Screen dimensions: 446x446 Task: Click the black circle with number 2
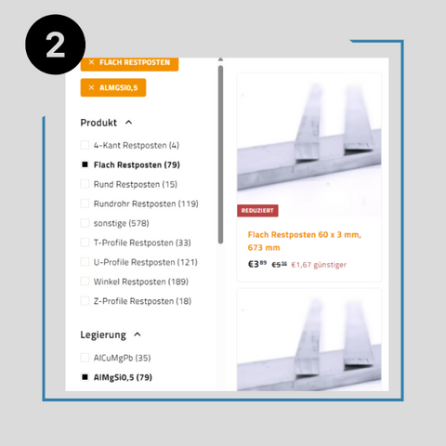coord(55,45)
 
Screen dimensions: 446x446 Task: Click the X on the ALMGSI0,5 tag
coord(91,87)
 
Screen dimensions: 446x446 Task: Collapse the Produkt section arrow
coord(128,123)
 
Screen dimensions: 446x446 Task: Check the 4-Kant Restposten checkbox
coord(85,145)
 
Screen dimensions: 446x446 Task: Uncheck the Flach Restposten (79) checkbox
coord(85,164)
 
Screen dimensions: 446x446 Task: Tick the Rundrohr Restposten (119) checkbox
coord(85,203)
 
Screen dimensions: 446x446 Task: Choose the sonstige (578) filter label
coord(122,223)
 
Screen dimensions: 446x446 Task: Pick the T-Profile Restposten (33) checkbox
coord(85,243)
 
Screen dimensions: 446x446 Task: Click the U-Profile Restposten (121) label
coord(146,262)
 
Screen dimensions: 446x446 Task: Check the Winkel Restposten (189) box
coord(85,282)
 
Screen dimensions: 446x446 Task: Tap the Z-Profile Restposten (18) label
coord(142,301)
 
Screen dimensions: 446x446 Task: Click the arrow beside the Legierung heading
coord(138,334)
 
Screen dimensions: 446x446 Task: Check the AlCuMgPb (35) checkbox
coord(85,358)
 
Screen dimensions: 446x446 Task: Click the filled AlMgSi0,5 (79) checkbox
coord(85,377)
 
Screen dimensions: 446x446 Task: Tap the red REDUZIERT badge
coord(257,211)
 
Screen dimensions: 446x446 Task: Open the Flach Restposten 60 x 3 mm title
coord(305,241)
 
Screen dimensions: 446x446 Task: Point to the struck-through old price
coord(280,265)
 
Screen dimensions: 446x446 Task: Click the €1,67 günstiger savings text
coord(319,265)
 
